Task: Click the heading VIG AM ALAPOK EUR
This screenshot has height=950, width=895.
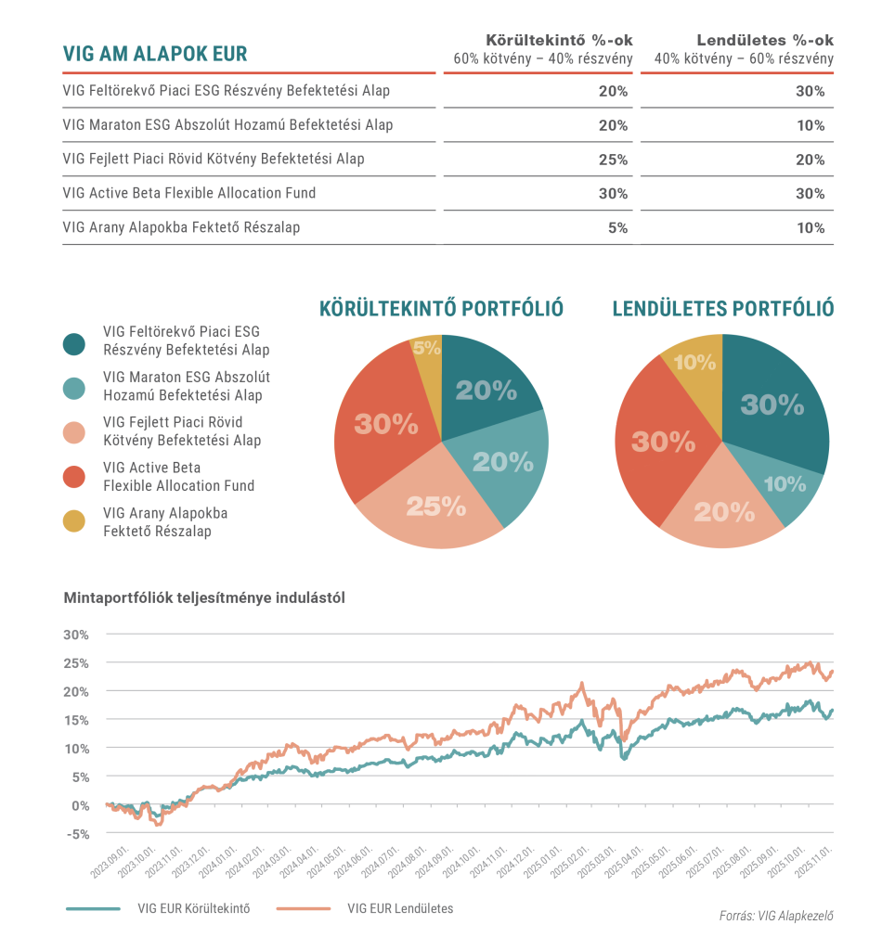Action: (155, 53)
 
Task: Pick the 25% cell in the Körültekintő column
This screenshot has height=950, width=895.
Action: (613, 160)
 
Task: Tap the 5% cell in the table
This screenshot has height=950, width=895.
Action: (617, 228)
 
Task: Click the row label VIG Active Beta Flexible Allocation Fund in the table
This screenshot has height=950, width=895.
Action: (189, 193)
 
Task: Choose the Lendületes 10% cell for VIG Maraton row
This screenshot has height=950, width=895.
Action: (810, 125)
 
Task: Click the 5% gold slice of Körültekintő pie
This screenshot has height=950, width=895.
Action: (427, 350)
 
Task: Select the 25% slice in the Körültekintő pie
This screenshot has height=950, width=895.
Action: (434, 507)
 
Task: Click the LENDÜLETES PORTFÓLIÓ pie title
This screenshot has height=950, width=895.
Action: (722, 309)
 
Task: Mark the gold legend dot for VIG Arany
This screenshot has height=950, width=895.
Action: (75, 522)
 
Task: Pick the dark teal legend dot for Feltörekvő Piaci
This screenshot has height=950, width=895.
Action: (75, 341)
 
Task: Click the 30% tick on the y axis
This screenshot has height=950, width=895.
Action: (76, 635)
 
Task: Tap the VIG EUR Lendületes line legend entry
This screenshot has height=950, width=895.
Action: (400, 908)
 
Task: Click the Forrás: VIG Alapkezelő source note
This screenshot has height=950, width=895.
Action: (776, 917)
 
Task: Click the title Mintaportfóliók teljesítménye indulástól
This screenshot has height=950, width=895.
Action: (204, 598)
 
